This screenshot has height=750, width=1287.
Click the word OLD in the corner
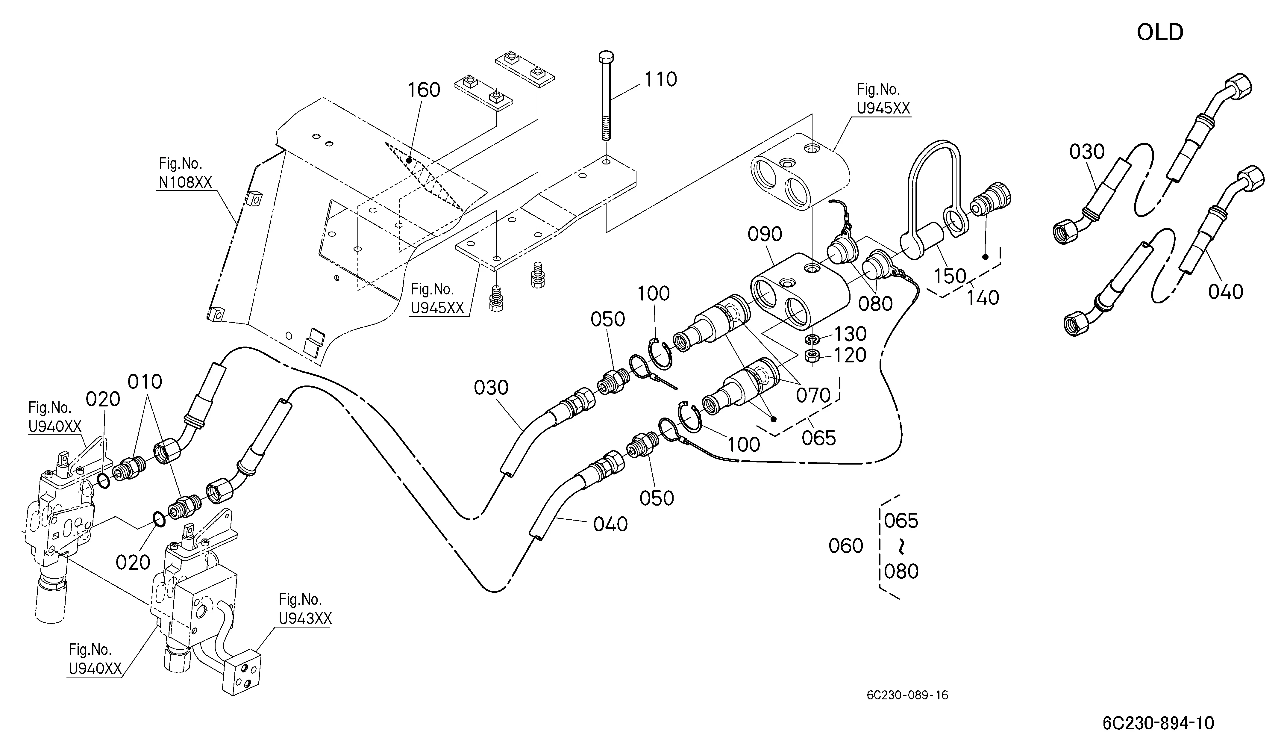pos(1160,33)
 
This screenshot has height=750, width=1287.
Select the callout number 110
pos(661,80)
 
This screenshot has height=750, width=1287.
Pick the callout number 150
pos(951,276)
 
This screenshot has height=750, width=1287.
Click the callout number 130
pos(850,334)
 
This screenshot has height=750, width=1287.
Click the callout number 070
pos(814,395)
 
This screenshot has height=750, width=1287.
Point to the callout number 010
pos(145,382)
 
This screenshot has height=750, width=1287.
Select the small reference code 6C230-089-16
pos(907,695)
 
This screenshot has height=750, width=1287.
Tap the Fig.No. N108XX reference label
pos(184,173)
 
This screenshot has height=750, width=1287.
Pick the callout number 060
pos(846,546)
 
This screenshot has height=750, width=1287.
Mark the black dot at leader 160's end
pos(409,161)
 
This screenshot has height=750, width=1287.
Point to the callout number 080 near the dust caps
pos(875,304)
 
